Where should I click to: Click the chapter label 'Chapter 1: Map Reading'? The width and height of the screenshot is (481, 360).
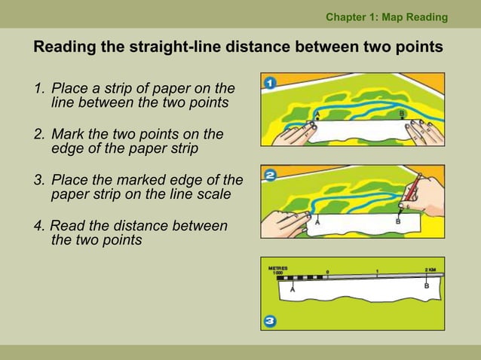pos(386,17)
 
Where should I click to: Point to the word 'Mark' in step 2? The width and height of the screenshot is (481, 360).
pos(67,135)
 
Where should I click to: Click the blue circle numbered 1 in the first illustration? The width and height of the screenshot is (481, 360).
pos(269,82)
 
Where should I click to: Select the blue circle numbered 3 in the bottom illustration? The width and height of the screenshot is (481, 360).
pos(270,322)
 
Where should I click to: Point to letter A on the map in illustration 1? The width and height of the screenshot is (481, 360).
pos(317,113)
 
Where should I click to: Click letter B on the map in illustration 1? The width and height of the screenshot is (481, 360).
pos(402,112)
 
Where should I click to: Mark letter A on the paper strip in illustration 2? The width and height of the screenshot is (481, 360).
pos(317,223)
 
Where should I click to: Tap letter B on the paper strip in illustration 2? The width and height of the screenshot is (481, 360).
pos(397,222)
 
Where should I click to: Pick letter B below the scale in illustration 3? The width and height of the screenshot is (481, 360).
pos(427,286)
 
